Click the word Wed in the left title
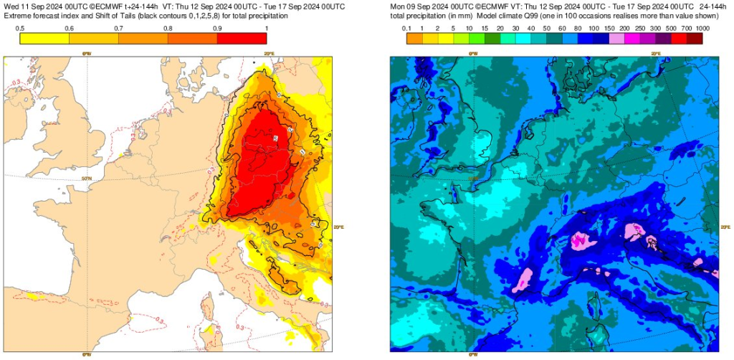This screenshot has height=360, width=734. [x=11, y=6]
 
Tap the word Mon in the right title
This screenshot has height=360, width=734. [x=398, y=6]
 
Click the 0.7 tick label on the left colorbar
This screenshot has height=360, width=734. [x=118, y=28]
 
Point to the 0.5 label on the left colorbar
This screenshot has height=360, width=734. [x=20, y=28]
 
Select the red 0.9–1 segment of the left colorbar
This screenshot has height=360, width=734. [x=242, y=39]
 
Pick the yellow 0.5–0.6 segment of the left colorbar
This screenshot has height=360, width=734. [x=44, y=39]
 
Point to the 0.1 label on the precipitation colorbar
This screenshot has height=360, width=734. [x=406, y=28]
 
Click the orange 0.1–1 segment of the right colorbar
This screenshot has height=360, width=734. [x=414, y=39]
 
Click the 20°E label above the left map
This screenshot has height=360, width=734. [x=269, y=53]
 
